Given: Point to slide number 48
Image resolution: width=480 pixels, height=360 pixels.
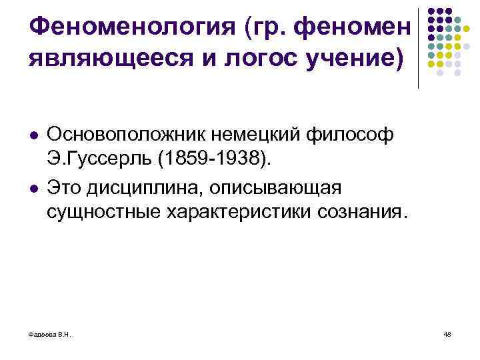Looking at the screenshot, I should [x=447, y=335].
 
